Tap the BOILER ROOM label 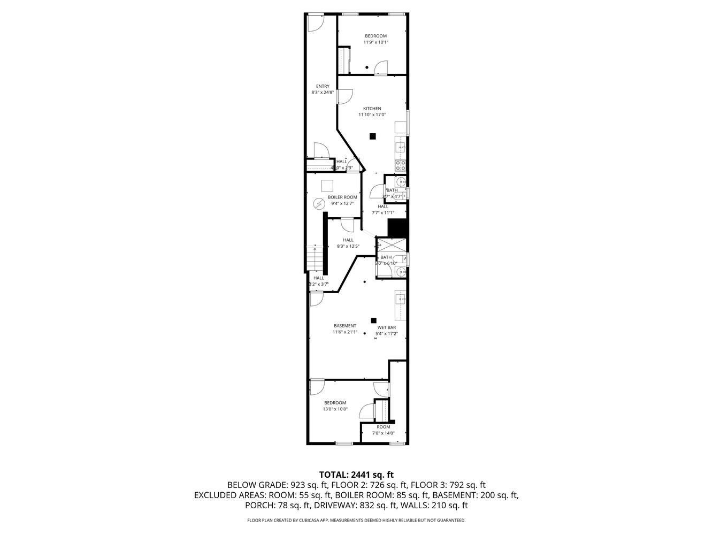pyautogui.click(x=342, y=197)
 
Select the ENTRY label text pyautogui.click(x=323, y=86)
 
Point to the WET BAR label pyautogui.click(x=386, y=327)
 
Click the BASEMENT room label pyautogui.click(x=344, y=326)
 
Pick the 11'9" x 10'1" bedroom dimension pyautogui.click(x=375, y=42)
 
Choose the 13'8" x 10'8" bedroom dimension pyautogui.click(x=335, y=409)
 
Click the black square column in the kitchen pyautogui.click(x=373, y=136)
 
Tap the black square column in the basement pyautogui.click(x=373, y=320)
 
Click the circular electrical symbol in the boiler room pyautogui.click(x=319, y=204)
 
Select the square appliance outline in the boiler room pyautogui.click(x=328, y=186)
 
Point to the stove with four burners pyautogui.click(x=400, y=165)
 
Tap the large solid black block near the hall pyautogui.click(x=398, y=228)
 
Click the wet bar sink pyautogui.click(x=400, y=299)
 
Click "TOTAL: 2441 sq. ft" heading pyautogui.click(x=356, y=474)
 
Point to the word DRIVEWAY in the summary pyautogui.click(x=332, y=505)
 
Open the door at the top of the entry pyautogui.click(x=316, y=22)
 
